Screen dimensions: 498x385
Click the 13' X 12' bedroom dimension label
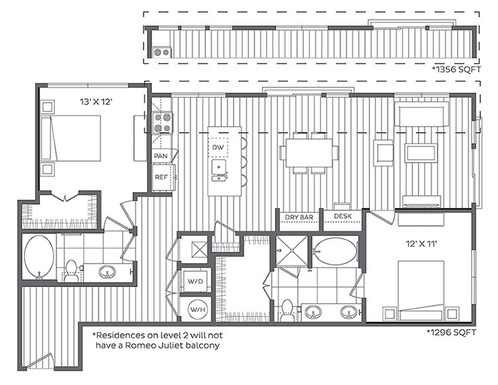coord(96,102)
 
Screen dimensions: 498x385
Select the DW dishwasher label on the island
coord(218,147)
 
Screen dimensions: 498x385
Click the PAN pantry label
coord(161,156)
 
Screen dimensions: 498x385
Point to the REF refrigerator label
coord(162,177)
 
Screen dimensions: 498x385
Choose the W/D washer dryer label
coord(195,281)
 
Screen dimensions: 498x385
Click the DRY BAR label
coord(299,217)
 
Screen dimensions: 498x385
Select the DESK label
coord(342,216)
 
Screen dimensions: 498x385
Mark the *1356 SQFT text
coord(456,70)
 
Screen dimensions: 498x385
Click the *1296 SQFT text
coord(452,333)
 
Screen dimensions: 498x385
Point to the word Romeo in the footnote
coord(138,345)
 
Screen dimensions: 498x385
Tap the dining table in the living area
coord(309,152)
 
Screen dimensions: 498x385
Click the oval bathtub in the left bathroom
coord(39,258)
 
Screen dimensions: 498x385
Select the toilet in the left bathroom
coord(71,270)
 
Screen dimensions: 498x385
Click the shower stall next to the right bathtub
coord(291,251)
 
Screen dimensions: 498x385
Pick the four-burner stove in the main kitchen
coord(162,123)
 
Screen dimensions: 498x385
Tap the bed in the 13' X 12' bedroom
coord(71,138)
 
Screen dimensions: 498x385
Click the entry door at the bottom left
coord(39,361)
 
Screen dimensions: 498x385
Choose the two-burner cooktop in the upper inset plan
coord(162,52)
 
